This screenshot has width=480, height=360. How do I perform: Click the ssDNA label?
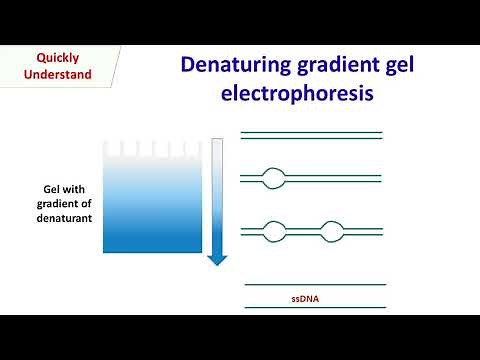click(x=313, y=298)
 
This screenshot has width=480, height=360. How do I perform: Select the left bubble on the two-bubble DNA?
click(x=273, y=231)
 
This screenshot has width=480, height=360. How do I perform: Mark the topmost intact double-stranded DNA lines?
click(x=311, y=135)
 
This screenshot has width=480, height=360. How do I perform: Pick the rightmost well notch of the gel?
click(x=194, y=148)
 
